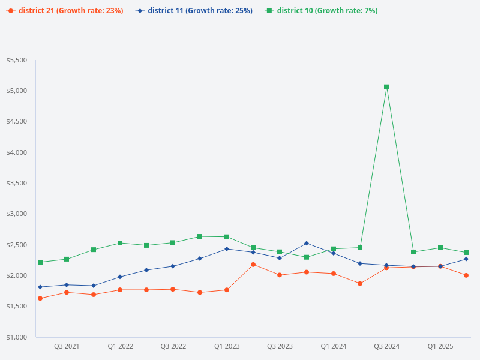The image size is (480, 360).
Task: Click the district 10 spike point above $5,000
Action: pos(386,87)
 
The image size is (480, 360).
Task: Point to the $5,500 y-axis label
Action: pos(17,61)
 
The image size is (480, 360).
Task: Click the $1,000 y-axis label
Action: pos(17,337)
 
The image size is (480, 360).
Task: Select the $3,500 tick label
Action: pos(17,184)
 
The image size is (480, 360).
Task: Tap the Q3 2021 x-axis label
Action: pos(67,347)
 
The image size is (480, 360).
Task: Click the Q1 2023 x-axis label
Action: pos(227,347)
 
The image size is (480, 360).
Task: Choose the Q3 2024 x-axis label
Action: pos(386,347)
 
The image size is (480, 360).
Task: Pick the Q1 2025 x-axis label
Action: pos(440,347)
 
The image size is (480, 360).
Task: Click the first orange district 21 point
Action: pos(40,298)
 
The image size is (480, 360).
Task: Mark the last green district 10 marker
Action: pos(466,253)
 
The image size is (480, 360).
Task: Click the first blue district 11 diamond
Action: pos(40,287)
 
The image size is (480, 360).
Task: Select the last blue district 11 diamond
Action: pos(466,259)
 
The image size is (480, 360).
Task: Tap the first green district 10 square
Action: pos(40,262)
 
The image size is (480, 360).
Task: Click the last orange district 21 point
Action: pos(466,275)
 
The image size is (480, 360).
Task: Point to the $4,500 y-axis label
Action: pos(17,122)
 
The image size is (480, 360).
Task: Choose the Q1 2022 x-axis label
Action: pos(120,347)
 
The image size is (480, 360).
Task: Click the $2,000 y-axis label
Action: pos(17,275)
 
